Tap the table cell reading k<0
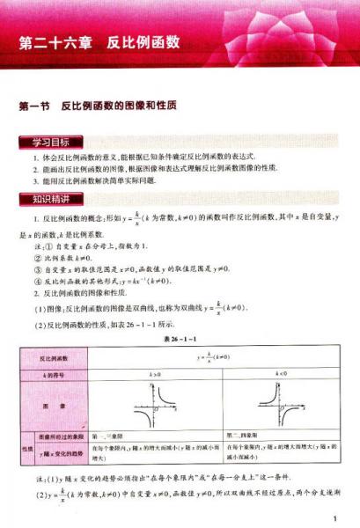pyautogui.click(x=280, y=375)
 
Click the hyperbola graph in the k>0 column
pyautogui.click(x=155, y=406)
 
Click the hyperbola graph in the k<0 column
pyautogui.click(x=280, y=406)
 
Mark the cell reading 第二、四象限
pyautogui.click(x=246, y=436)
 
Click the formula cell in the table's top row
pyautogui.click(x=217, y=359)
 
